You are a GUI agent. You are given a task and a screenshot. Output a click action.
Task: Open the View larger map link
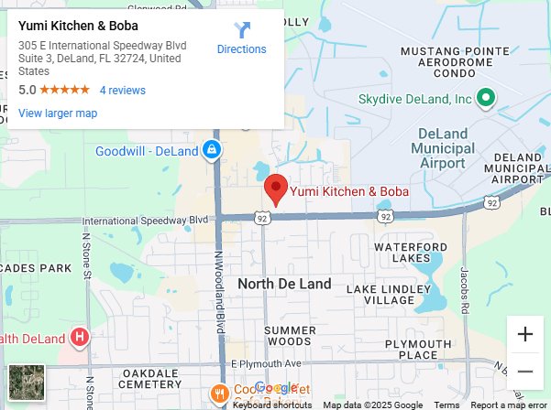coord(58,113)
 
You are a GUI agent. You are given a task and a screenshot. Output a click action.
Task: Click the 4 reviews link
coord(123,91)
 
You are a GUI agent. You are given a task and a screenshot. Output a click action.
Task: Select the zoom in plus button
coord(525,334)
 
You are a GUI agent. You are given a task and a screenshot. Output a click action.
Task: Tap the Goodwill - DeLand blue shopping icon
coord(212,149)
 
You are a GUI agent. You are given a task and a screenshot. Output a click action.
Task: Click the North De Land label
coord(284,284)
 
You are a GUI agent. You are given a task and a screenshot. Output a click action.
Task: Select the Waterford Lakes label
coord(409,253)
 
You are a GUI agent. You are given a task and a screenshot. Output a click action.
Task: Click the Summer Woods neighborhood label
coord(290,336)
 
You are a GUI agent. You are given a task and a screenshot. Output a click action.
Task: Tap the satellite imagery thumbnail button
coord(27,382)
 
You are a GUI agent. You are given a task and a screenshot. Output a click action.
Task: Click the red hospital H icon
coord(80,339)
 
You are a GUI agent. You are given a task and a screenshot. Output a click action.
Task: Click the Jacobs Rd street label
coord(465,289)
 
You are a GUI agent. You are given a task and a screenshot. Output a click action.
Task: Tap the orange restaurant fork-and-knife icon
coord(219,394)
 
